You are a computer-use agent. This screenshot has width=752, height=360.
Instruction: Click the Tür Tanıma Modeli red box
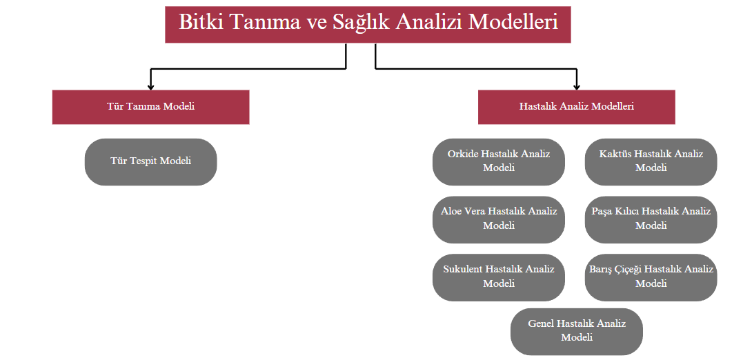pyautogui.click(x=150, y=107)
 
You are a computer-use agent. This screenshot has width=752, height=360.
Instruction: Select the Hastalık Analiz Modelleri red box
pyautogui.click(x=576, y=107)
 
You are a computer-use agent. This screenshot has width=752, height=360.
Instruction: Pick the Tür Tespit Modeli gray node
pyautogui.click(x=150, y=161)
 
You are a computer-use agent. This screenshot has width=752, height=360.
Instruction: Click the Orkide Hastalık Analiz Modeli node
pyautogui.click(x=498, y=161)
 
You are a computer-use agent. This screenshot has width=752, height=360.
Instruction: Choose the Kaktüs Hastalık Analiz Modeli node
pyautogui.click(x=651, y=161)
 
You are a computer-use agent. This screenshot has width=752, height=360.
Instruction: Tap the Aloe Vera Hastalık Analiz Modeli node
pyautogui.click(x=498, y=219)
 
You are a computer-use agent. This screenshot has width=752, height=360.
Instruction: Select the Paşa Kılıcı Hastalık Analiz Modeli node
pyautogui.click(x=651, y=219)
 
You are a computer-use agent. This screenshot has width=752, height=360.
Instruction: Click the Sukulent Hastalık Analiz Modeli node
pyautogui.click(x=498, y=277)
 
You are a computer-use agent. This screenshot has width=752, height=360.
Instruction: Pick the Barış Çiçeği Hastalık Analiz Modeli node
pyautogui.click(x=651, y=277)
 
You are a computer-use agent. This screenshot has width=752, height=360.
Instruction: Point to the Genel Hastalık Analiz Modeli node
pyautogui.click(x=576, y=330)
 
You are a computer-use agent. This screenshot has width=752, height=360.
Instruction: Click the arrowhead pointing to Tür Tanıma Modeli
pyautogui.click(x=150, y=86)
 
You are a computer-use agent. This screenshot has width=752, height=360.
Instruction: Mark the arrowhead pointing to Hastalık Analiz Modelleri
pyautogui.click(x=576, y=86)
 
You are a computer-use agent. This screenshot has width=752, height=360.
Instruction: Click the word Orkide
pyautogui.click(x=462, y=154)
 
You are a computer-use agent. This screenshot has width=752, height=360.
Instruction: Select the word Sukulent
pyautogui.click(x=463, y=269)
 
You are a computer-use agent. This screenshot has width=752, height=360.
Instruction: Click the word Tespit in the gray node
pyautogui.click(x=151, y=161)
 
